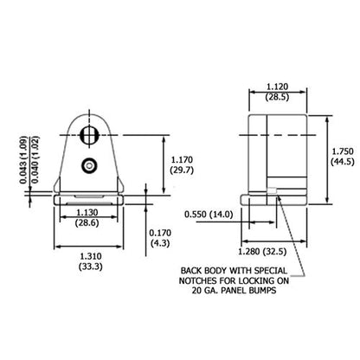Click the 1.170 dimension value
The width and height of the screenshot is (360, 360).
pos(182,159)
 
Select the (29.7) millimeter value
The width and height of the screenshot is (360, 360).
pos(182,170)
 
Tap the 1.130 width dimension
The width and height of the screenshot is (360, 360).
pos(87,212)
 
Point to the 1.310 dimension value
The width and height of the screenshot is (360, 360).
pos(91,256)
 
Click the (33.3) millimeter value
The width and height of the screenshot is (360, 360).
pos(91,267)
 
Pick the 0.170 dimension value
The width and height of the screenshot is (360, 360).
pos(160,233)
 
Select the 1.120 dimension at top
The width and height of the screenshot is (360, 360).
pos(277,87)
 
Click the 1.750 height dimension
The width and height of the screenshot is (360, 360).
pos(343,151)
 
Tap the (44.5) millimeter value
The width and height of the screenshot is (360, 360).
pos(343,162)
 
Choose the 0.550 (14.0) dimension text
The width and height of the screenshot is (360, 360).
pos(209,215)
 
